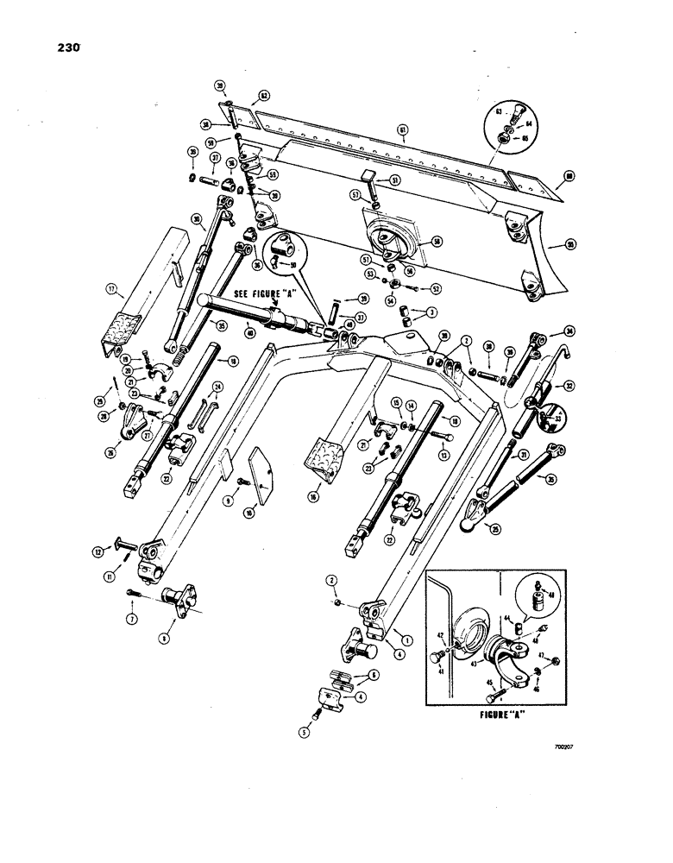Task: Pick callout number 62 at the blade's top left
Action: (x=265, y=97)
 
